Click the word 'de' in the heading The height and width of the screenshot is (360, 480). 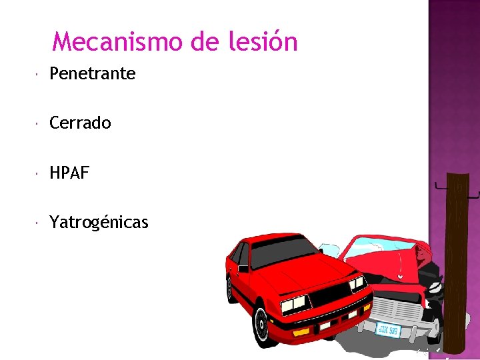(203, 42)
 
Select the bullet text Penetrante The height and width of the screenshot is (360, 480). (92, 73)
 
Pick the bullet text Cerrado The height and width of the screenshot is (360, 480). (80, 123)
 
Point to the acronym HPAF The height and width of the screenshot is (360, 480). (69, 173)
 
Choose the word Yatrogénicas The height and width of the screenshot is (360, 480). (99, 223)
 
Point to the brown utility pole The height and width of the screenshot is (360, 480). (457, 260)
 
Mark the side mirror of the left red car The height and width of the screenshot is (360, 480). (243, 269)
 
